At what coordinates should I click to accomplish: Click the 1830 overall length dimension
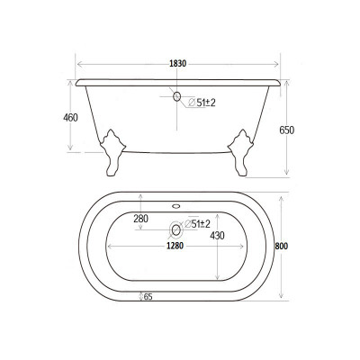tap(178, 64)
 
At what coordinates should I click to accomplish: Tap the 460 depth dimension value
tap(70, 118)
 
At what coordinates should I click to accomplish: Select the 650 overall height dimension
tap(287, 130)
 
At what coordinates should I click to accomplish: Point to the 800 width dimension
tap(282, 246)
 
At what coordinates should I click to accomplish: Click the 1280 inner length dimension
tap(175, 246)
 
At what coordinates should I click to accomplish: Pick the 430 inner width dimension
tap(217, 236)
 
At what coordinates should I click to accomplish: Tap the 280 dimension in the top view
tap(141, 219)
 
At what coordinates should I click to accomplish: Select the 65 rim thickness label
tap(148, 297)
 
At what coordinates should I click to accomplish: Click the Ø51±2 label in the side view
tap(202, 103)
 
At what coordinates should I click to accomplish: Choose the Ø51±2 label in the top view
tap(197, 223)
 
